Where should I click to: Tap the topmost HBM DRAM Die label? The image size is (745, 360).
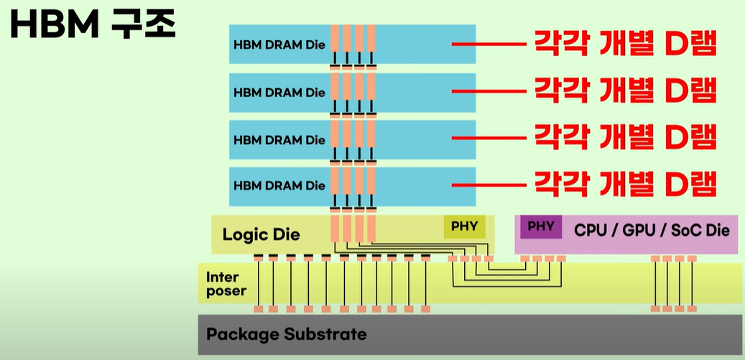tap(279, 45)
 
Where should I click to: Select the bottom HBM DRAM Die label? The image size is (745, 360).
tap(279, 185)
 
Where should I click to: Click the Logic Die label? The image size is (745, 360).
tap(261, 234)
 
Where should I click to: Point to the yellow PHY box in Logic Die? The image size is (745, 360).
tap(464, 226)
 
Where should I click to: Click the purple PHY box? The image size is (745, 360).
tap(541, 226)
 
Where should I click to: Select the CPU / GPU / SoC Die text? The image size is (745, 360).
tap(652, 230)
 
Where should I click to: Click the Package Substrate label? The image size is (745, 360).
tap(286, 334)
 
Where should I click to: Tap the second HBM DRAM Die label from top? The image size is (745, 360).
tap(279, 93)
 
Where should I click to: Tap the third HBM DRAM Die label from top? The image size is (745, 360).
tap(279, 139)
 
